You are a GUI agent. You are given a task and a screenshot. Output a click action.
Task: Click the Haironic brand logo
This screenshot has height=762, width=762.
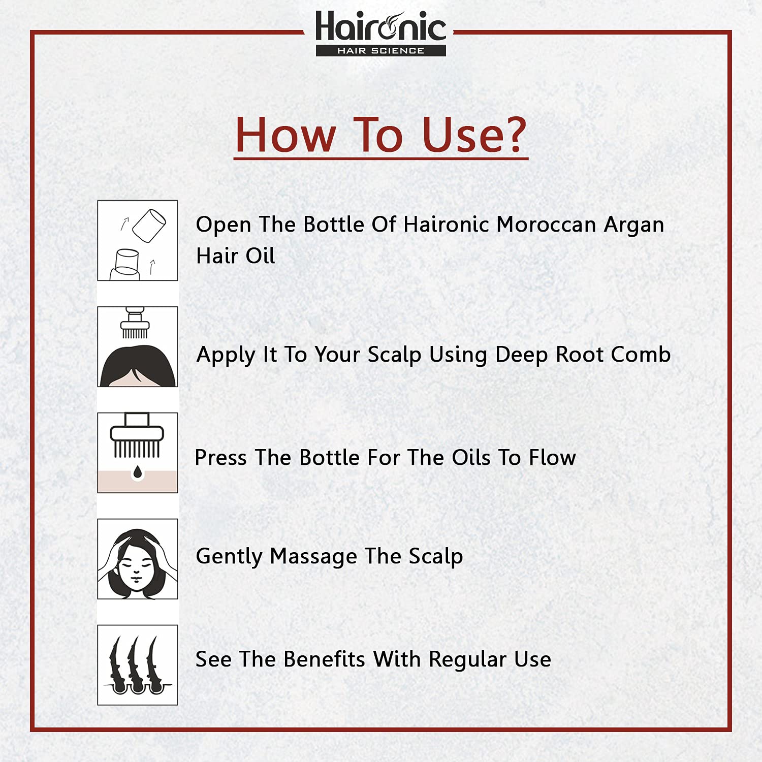(x=380, y=33)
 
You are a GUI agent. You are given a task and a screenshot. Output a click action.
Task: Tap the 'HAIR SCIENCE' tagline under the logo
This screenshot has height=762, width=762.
(x=380, y=51)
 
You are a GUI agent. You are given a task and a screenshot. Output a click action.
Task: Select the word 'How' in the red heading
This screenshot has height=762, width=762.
(x=285, y=135)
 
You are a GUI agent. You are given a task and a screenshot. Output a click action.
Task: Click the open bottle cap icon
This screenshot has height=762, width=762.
(x=138, y=240)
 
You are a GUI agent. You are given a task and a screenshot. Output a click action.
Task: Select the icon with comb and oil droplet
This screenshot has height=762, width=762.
(x=138, y=453)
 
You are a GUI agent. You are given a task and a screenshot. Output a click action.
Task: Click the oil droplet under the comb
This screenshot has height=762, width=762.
(x=138, y=473)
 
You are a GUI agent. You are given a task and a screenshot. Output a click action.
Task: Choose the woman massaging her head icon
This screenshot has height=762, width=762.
(x=138, y=559)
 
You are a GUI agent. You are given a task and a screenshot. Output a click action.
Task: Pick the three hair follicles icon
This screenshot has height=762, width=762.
(x=138, y=665)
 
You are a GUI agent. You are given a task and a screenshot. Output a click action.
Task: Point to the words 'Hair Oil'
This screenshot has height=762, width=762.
(x=236, y=256)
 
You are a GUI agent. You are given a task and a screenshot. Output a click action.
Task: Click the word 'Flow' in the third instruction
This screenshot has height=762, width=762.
(x=552, y=458)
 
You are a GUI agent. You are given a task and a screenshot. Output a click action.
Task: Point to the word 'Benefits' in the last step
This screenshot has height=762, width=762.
(x=324, y=659)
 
